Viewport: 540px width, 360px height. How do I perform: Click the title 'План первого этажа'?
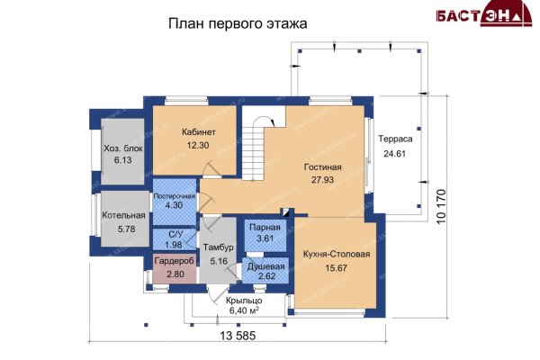(238, 24)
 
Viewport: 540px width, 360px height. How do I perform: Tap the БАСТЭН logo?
(484, 13)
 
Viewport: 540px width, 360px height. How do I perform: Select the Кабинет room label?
(199, 132)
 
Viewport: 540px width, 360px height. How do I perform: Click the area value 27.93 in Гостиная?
(323, 179)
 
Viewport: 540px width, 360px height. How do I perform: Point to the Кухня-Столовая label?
(337, 254)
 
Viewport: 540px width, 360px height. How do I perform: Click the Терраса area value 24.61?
(395, 154)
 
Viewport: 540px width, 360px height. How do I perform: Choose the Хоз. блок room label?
(123, 148)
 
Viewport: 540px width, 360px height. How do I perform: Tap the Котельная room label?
(123, 216)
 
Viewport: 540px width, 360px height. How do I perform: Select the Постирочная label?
(175, 196)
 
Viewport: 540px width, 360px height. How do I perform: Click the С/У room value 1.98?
(174, 245)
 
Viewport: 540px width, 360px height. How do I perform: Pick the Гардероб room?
(175, 268)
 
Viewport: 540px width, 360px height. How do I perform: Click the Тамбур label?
(219, 247)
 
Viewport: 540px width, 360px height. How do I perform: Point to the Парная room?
(265, 235)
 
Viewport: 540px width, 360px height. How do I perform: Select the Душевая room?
(265, 270)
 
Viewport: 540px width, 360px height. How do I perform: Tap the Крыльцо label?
(244, 301)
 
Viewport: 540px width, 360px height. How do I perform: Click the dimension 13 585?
(238, 335)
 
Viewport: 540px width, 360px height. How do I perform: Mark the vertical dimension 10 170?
(442, 206)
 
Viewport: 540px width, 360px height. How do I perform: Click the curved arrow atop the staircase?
(264, 120)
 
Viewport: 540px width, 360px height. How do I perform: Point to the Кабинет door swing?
(211, 168)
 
